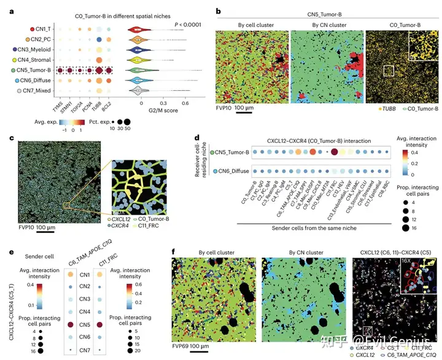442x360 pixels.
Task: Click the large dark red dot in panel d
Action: pyautogui.click(x=335, y=152)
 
